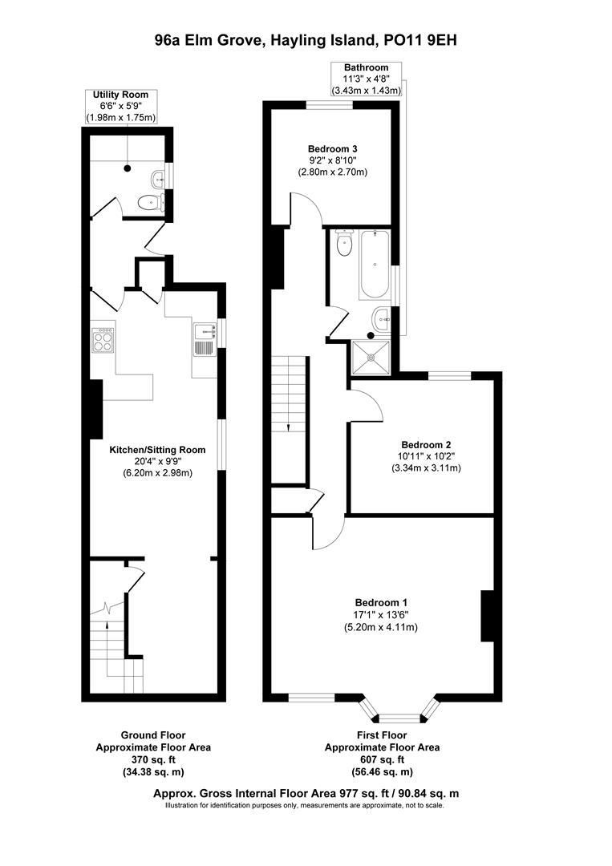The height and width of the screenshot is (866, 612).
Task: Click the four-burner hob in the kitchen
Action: [103, 342]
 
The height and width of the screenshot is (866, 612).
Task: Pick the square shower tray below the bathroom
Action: [371, 357]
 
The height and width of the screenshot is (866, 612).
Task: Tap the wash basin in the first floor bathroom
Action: [383, 318]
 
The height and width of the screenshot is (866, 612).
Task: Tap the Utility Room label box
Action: [121, 107]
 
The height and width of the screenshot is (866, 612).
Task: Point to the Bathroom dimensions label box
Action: [366, 79]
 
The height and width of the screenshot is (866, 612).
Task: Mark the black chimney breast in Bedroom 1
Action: [486, 616]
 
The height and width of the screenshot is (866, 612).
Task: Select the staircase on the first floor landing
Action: [290, 393]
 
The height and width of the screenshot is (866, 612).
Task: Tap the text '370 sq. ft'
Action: [152, 759]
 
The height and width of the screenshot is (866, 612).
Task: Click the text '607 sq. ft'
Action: [382, 759]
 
